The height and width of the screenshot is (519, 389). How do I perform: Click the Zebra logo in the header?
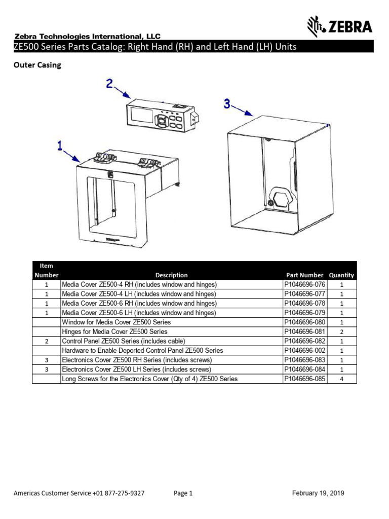340,26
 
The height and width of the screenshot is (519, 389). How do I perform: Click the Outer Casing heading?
37,65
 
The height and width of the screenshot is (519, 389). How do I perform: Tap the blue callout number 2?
110,84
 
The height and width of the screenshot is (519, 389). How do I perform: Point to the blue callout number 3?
227,103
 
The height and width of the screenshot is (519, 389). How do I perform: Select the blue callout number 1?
60,146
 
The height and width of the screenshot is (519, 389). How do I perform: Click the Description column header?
171,275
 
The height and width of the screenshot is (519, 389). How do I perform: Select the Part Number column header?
304,275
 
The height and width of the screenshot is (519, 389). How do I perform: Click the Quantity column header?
341,275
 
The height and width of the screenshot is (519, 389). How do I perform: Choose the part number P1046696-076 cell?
304,284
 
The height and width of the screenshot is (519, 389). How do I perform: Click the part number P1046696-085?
304,379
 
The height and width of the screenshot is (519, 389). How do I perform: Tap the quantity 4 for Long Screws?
341,379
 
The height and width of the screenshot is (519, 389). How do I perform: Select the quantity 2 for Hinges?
341,331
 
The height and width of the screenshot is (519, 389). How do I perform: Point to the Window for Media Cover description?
116,322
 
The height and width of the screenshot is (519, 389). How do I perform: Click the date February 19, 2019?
318,493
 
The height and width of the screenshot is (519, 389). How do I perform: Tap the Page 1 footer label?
183,493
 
